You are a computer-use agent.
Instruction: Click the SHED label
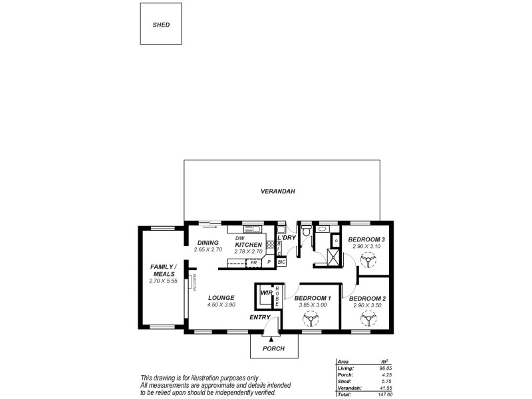[x=161, y=25]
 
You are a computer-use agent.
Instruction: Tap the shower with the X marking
[x=331, y=256]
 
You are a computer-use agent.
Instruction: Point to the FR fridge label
[x=253, y=263]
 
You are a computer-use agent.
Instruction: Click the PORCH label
[x=273, y=348]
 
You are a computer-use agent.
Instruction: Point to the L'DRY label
[x=287, y=237]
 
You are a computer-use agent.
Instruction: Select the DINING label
[x=207, y=243]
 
